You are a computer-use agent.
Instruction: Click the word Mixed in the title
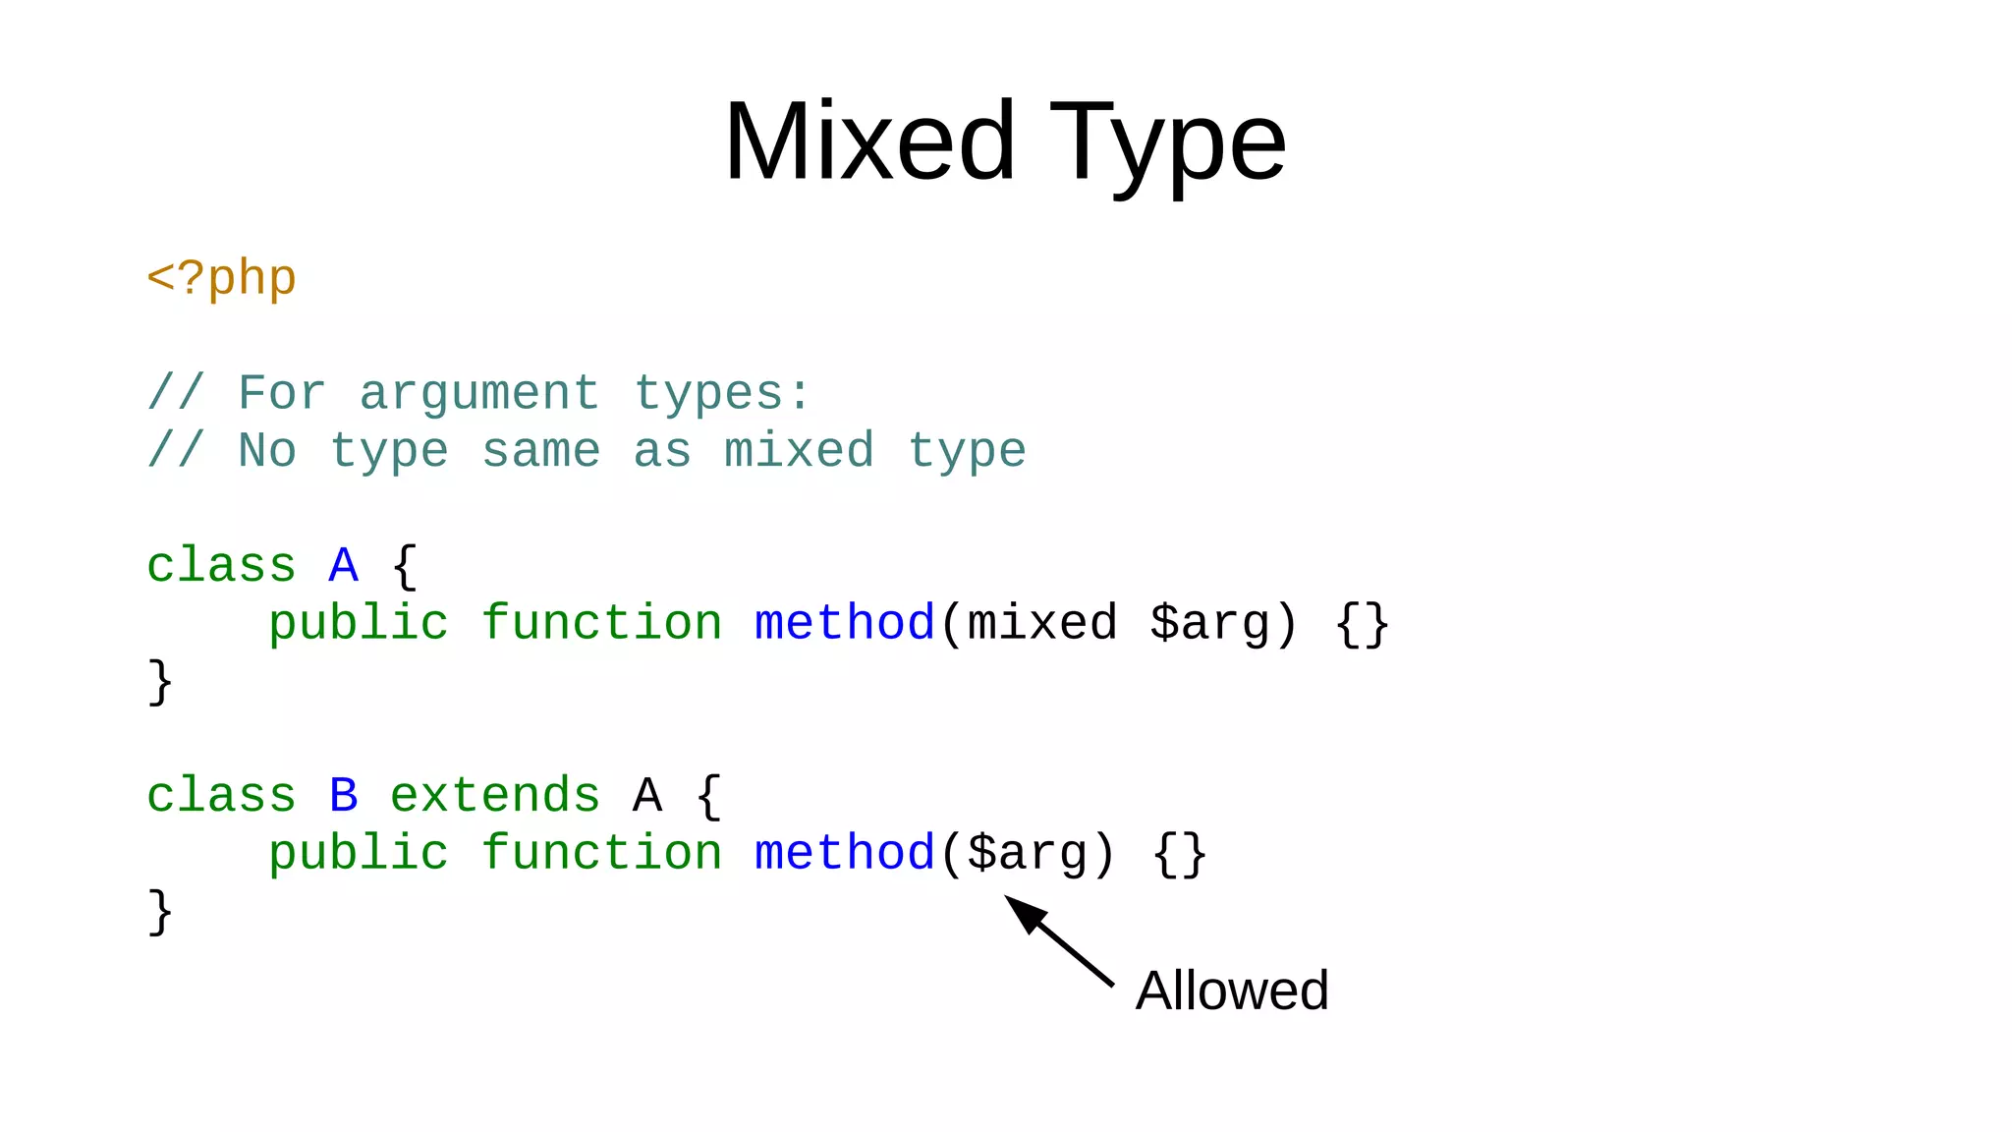pos(869,143)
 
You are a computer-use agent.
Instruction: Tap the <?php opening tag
pos(221,279)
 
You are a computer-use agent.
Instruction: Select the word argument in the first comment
pos(478,394)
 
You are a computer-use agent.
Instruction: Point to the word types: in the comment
pos(722,394)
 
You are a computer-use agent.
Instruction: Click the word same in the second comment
pos(540,451)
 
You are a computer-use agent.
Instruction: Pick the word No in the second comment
pos(266,451)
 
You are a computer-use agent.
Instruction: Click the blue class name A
pos(343,566)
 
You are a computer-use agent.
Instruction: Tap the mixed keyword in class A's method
pos(1042,623)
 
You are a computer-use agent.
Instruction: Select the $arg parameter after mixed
pos(1209,625)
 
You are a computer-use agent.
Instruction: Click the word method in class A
pos(844,623)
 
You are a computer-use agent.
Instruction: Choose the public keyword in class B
pos(358,853)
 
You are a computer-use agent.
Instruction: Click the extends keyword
pos(494,795)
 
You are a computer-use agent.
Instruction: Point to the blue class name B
pos(343,795)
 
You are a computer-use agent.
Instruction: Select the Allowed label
pos(1231,990)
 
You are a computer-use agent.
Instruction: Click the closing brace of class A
pos(160,682)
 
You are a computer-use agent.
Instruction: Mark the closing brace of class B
pos(160,912)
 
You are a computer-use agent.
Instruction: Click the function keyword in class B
pos(601,853)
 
